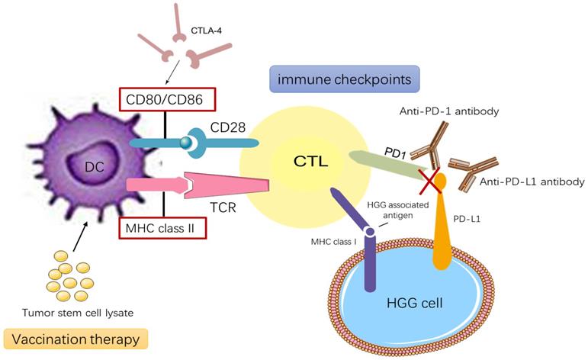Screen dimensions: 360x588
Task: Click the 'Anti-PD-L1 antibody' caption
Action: pyautogui.click(x=532, y=182)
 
